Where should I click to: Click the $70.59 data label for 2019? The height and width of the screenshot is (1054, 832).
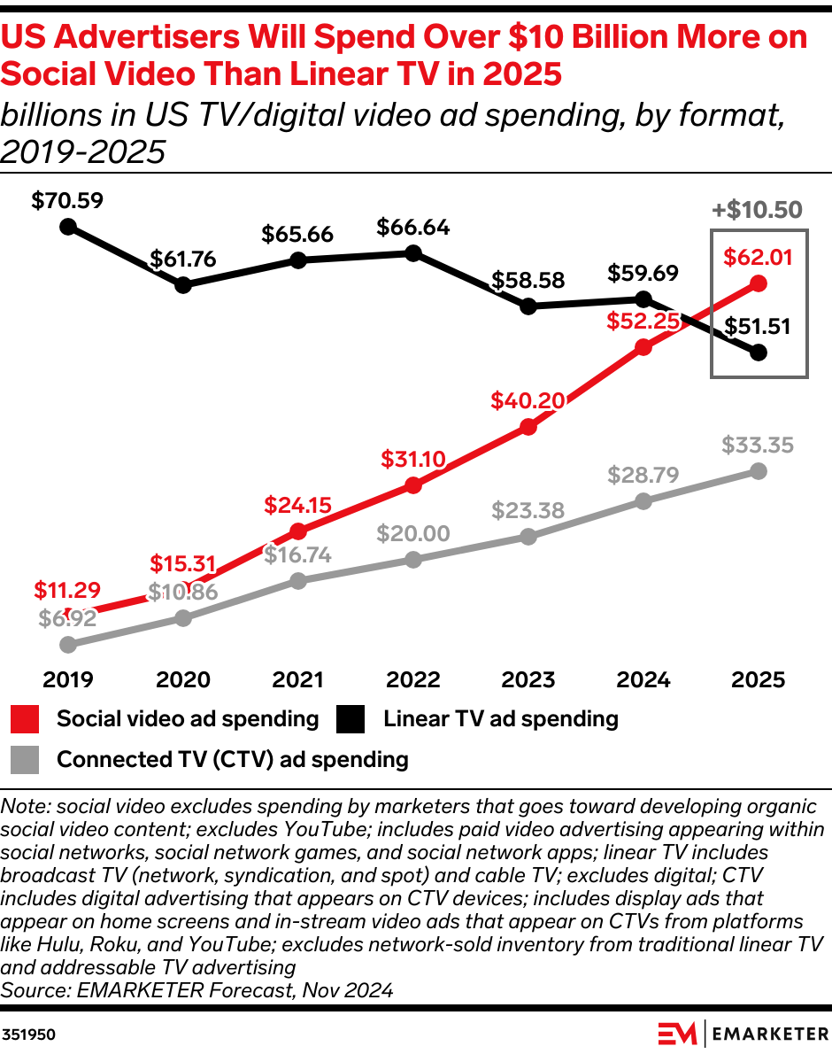(67, 200)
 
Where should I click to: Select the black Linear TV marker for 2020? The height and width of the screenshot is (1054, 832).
(183, 285)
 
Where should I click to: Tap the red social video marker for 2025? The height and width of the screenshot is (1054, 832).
(758, 283)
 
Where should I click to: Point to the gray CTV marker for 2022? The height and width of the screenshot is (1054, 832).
(412, 559)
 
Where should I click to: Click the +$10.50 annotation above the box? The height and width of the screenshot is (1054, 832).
(758, 210)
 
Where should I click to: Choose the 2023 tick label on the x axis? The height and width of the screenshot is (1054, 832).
(528, 679)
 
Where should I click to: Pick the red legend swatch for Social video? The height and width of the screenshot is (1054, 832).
(26, 718)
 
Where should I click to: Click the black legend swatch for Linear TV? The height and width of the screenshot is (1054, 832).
(351, 718)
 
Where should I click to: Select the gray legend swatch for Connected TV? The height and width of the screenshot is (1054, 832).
(26, 759)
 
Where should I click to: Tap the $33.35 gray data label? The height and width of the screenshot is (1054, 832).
(758, 444)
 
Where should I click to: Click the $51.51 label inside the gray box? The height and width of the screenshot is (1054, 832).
(758, 326)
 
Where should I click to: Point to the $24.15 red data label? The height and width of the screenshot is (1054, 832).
(297, 506)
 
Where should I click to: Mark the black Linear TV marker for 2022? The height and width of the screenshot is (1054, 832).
(412, 253)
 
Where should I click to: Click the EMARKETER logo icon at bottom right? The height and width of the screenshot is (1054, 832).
(678, 1033)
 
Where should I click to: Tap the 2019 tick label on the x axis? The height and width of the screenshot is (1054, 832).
(68, 679)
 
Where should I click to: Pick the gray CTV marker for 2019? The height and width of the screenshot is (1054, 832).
(68, 645)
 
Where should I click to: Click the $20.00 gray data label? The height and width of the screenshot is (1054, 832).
(412, 533)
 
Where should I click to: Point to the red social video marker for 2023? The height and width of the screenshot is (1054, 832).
(528, 427)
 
